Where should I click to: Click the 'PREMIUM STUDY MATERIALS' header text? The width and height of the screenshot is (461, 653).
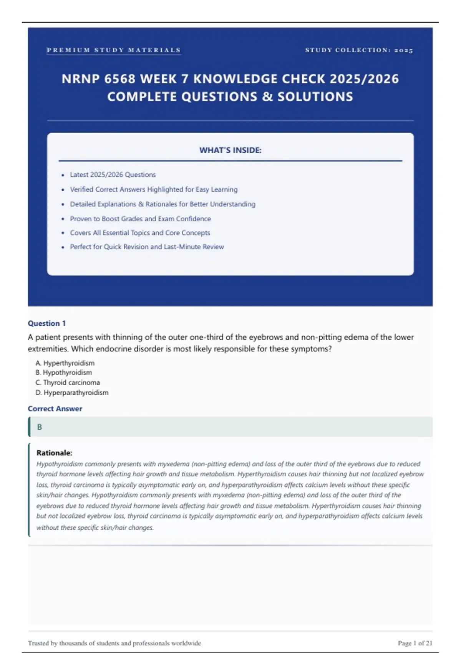click(x=114, y=50)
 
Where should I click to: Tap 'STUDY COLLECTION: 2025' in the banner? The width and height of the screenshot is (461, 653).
click(x=359, y=50)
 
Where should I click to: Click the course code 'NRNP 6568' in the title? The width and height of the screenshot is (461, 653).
click(x=98, y=79)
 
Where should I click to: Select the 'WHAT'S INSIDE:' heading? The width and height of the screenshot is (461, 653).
click(x=230, y=150)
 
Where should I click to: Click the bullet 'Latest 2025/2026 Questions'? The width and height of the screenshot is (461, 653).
click(x=113, y=175)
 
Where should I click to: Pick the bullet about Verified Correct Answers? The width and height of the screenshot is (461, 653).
click(x=154, y=189)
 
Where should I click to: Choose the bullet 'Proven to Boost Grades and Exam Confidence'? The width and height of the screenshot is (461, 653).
click(x=140, y=219)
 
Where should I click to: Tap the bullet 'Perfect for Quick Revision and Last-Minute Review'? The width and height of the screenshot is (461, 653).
click(x=147, y=247)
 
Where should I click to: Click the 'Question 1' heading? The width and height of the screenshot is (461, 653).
click(x=47, y=323)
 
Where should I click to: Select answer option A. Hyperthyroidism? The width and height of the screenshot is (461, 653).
click(x=65, y=363)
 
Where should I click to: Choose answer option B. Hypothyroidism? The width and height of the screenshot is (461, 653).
click(x=64, y=373)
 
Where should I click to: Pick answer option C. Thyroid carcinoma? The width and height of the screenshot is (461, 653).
click(x=68, y=383)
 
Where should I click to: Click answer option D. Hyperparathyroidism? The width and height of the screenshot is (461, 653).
click(x=72, y=393)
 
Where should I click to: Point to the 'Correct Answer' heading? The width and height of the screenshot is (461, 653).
click(x=55, y=409)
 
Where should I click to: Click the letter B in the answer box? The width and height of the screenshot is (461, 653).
click(x=40, y=427)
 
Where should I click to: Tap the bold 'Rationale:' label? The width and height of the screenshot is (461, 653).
click(x=54, y=453)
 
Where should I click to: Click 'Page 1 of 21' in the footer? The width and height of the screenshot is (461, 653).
click(x=415, y=643)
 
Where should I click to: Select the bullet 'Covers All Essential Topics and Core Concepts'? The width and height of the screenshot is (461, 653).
click(x=140, y=233)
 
